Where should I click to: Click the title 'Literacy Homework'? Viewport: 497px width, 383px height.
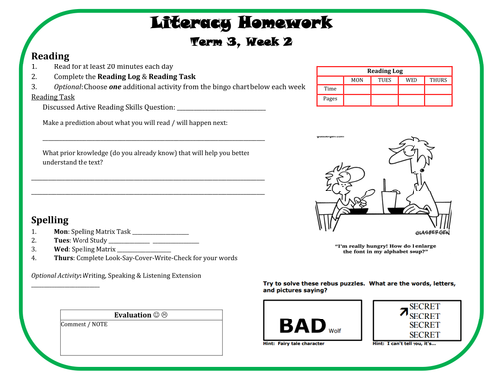(248, 21)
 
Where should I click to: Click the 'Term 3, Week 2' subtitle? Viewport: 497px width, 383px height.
(248, 41)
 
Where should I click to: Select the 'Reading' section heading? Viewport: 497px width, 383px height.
(51, 56)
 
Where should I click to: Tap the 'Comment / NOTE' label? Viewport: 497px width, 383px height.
(83, 323)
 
